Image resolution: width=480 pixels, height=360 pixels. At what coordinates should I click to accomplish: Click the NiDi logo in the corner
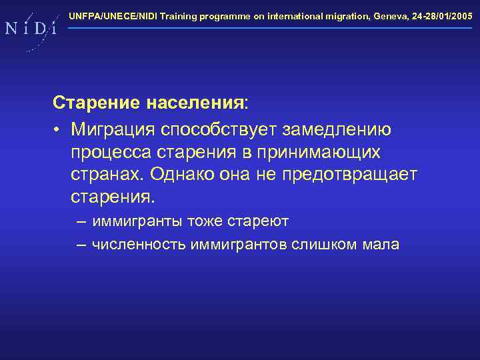tap(30, 29)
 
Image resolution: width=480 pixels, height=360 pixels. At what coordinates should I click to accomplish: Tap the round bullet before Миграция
tap(59, 128)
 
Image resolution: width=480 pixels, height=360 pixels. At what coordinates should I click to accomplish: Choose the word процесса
tap(108, 152)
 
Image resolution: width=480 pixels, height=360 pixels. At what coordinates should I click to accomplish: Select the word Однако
tap(185, 175)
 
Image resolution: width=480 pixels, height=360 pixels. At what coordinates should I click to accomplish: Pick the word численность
tap(138, 245)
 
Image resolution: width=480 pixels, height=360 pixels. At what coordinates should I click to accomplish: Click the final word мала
tap(381, 245)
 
